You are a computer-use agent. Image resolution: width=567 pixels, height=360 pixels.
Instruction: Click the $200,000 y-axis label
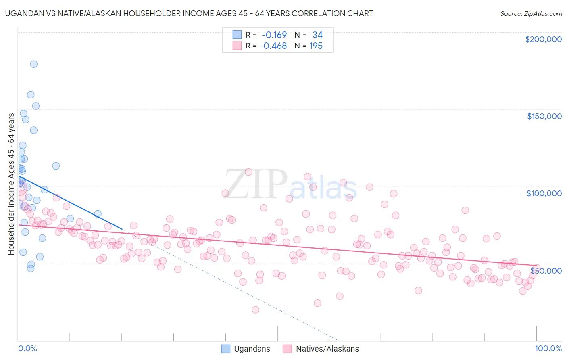tap(543, 39)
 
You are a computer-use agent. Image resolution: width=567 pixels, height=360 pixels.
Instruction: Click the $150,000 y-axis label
tap(544, 116)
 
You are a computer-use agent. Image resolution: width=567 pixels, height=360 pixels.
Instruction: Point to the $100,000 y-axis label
tap(544, 193)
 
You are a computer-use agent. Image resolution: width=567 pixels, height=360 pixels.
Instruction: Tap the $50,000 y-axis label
tap(546, 270)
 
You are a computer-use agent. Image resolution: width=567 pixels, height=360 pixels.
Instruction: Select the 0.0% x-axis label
tap(27, 348)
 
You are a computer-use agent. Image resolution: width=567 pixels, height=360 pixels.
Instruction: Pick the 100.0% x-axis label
tap(548, 348)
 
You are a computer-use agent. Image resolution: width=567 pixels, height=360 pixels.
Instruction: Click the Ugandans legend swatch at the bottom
tap(226, 349)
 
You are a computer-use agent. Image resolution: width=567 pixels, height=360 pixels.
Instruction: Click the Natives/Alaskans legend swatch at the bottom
tap(287, 349)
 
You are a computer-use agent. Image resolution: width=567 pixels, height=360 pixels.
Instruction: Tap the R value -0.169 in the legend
tap(274, 35)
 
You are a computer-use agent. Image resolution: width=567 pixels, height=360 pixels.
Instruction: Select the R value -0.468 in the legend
tap(273, 46)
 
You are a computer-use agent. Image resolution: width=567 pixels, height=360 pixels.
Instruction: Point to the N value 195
tap(316, 46)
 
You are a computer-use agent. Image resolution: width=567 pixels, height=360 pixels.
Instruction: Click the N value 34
tap(317, 35)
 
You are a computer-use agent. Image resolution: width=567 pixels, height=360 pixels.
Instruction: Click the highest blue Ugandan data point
tap(34, 64)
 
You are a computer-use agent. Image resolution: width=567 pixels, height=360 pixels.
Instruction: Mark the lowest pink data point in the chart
tap(255, 310)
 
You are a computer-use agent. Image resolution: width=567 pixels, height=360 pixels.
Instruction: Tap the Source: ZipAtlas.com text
tap(531, 13)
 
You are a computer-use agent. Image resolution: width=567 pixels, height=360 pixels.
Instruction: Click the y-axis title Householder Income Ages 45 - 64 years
tap(11, 184)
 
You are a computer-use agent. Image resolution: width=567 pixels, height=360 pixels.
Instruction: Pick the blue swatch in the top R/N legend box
tap(237, 35)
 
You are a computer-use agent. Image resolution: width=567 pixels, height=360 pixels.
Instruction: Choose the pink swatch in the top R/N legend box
tap(237, 46)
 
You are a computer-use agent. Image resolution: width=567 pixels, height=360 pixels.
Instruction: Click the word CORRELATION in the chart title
tap(313, 13)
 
